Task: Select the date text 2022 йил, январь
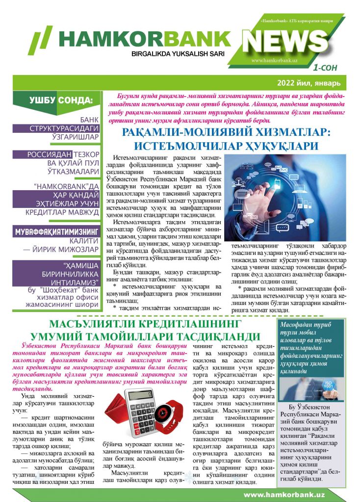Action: coord(311,82)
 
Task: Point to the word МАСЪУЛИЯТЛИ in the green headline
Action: coord(98,325)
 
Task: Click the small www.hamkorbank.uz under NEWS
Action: coord(275,60)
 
